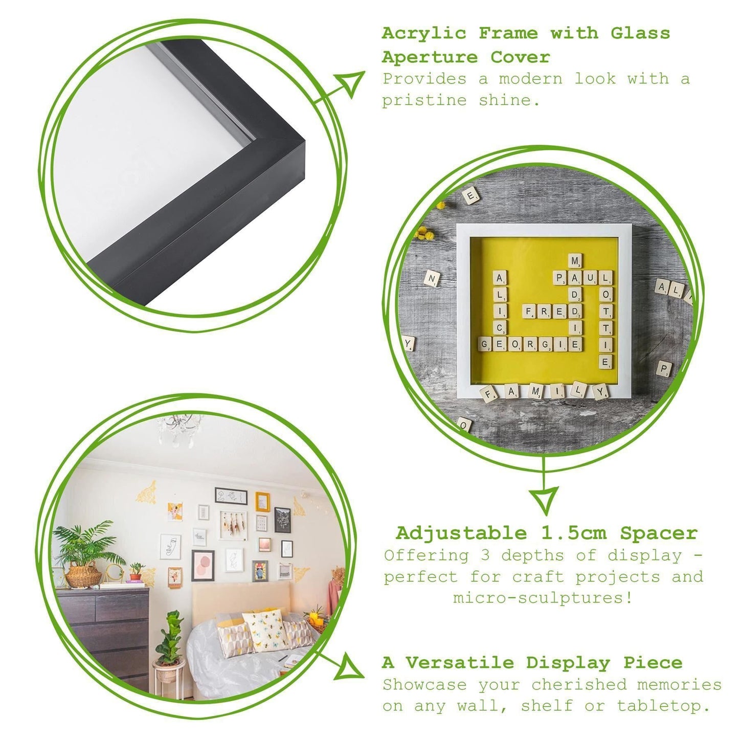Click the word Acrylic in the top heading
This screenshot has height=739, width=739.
[x=424, y=34]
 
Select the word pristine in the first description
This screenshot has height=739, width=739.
[x=424, y=101]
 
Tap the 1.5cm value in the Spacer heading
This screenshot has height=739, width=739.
[x=574, y=533]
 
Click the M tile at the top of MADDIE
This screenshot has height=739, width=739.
[x=575, y=261]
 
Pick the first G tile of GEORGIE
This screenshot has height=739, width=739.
[x=485, y=344]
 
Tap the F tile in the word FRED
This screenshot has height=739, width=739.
[x=529, y=311]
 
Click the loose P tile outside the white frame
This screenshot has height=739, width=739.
[x=664, y=368]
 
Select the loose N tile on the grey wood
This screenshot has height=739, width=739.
[x=432, y=279]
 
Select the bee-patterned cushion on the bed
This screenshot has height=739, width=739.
[x=265, y=631]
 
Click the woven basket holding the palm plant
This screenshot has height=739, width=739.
[x=84, y=577]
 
